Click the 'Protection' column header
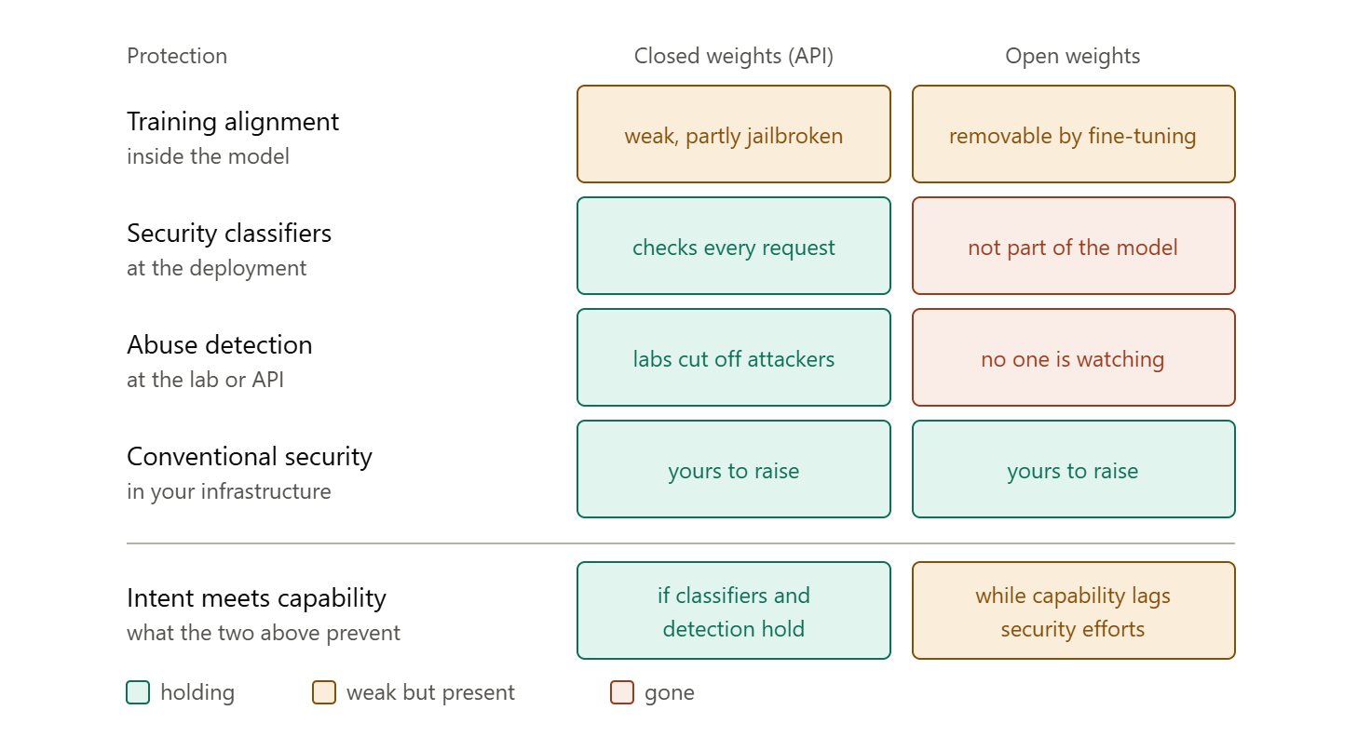pos(177,56)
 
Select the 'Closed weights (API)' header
pos(733,56)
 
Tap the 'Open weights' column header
pos(1072,56)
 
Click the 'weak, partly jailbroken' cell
pos(733,134)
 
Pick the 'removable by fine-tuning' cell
pos(1074,134)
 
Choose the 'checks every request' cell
pos(733,246)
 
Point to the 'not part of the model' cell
pos(1074,246)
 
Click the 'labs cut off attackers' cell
pos(733,357)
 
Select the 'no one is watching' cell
pos(1074,357)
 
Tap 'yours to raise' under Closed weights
pos(733,469)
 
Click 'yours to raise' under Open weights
pos(1074,469)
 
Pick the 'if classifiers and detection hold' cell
pos(733,610)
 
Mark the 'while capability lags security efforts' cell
pos(1074,610)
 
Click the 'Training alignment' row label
pos(233,122)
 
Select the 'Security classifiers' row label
pos(229,234)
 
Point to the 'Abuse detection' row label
pos(219,345)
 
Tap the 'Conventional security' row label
pos(249,457)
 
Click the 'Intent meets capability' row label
pos(256,598)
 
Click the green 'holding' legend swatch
pos(138,692)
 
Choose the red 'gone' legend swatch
pos(622,692)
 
